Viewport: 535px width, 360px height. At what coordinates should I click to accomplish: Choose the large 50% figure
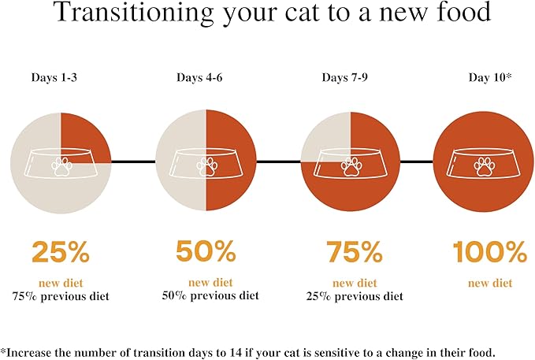coord(206,252)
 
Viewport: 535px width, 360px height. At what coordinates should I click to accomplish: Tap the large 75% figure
coord(354,252)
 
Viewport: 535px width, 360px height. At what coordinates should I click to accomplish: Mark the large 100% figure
coord(489,252)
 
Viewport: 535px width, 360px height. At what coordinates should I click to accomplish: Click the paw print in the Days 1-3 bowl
coord(61,165)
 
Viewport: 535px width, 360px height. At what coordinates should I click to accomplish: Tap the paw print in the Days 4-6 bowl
coord(206,165)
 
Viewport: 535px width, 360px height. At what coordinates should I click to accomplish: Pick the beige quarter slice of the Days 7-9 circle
coord(328,139)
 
